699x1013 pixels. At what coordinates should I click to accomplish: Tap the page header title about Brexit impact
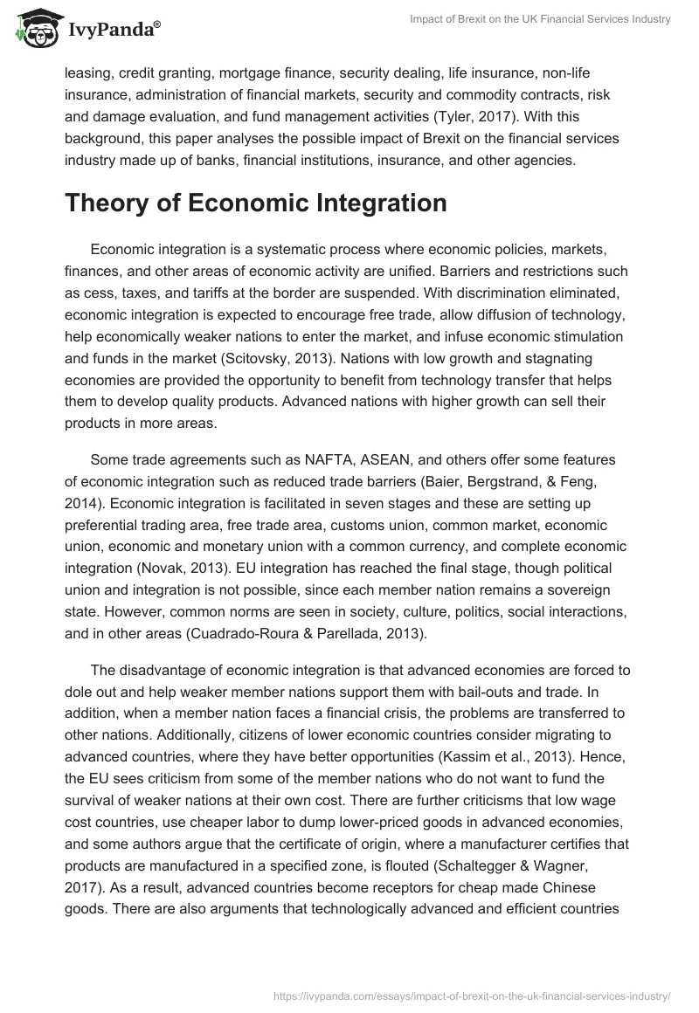[x=539, y=20]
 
